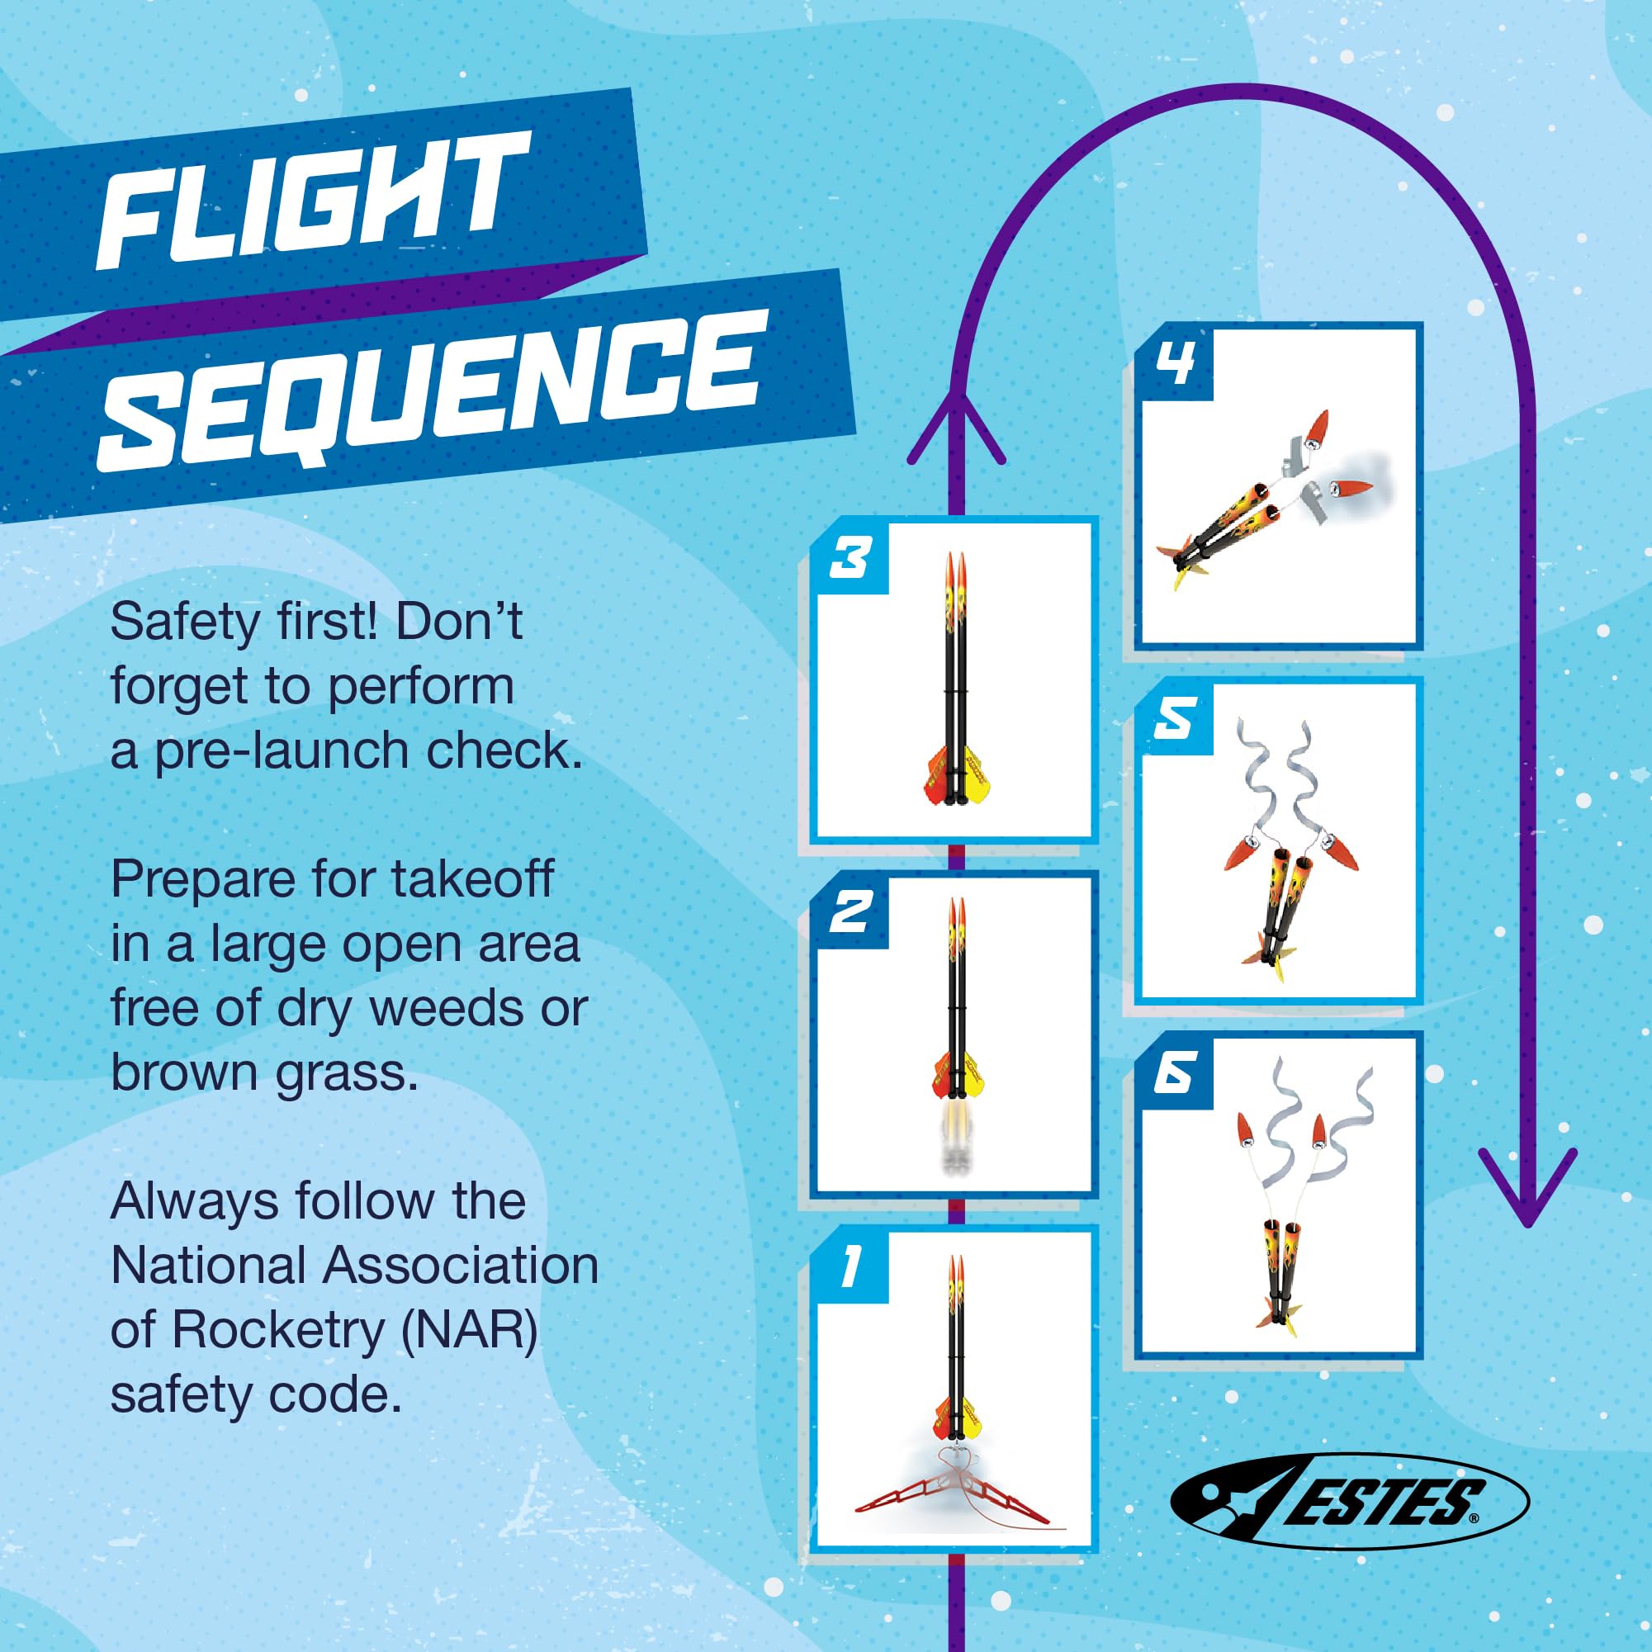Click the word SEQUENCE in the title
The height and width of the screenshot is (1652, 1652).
pos(428,389)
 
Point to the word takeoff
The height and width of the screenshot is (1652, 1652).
pos(472,881)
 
